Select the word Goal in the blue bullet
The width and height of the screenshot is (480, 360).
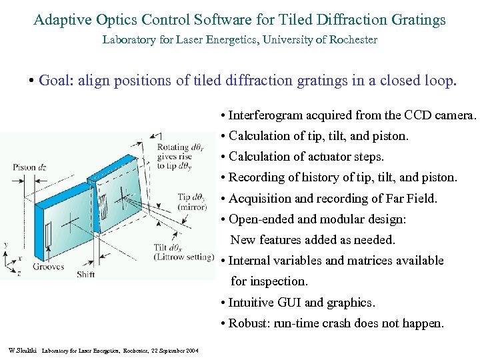tap(55, 81)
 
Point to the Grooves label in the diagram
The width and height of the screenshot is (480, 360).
tap(47, 267)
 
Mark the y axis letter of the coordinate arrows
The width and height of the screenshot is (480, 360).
tap(6, 245)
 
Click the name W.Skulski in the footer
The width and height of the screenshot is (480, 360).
tap(22, 350)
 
